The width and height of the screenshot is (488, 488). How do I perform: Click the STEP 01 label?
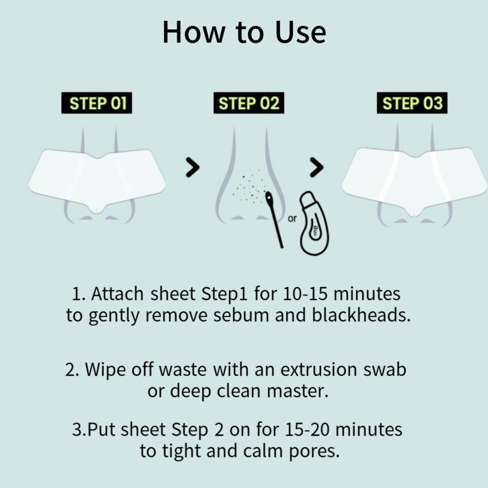97,103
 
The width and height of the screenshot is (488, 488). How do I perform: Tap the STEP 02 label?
249,103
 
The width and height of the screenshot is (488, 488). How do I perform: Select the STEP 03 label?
412,103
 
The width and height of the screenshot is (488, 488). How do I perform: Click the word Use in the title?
300,32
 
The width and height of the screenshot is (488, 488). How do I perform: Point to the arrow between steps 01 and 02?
193,167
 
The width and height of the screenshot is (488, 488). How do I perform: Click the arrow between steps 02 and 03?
317,167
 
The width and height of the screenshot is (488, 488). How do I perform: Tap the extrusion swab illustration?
274,220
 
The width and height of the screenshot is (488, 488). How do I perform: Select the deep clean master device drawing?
314,224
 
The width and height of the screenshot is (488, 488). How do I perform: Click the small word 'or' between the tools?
292,219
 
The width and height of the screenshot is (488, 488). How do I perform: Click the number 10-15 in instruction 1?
306,294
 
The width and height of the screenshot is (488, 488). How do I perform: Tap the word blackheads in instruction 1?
361,315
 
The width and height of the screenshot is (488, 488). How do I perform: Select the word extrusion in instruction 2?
318,370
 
